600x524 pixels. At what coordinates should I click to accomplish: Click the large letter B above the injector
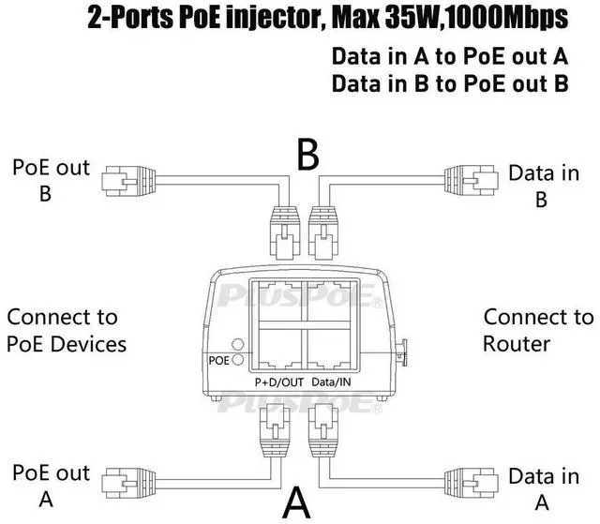pos(308,156)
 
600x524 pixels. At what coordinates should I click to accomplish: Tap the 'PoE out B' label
pos(51,180)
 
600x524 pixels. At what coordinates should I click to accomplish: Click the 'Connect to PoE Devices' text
pos(66,331)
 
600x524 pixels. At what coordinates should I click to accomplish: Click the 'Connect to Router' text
pos(537,330)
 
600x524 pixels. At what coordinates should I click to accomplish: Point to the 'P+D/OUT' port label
pos(279,382)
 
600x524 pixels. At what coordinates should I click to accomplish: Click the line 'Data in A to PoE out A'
pos(450,55)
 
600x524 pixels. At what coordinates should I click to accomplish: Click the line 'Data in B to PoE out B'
pos(450,83)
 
